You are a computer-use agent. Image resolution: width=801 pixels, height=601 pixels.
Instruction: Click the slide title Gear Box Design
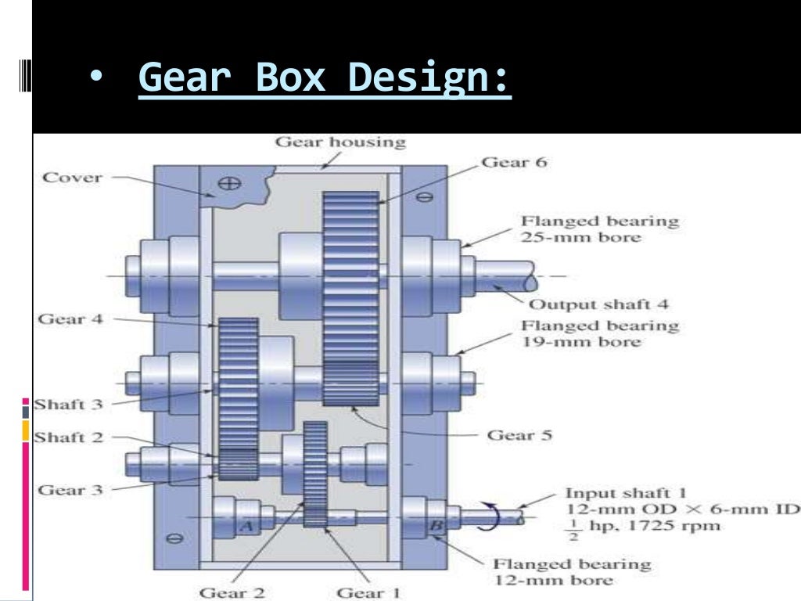(x=325, y=78)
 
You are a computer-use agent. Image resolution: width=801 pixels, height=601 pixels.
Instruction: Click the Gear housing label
(x=340, y=142)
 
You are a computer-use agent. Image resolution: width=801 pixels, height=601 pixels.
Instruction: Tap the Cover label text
(x=72, y=177)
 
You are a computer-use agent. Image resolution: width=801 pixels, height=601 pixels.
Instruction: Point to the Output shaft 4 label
(x=599, y=304)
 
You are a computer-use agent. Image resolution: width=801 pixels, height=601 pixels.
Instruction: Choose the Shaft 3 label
(x=70, y=405)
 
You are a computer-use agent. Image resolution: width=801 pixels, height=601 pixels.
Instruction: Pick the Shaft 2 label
(x=70, y=437)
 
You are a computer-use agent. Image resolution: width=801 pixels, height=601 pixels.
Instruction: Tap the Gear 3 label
(x=70, y=490)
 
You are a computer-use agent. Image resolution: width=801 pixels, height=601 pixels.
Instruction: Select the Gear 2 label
(x=232, y=592)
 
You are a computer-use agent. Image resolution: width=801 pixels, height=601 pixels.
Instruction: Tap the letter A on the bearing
(x=246, y=527)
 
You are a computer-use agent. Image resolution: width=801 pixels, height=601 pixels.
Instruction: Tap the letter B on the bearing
(x=433, y=526)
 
